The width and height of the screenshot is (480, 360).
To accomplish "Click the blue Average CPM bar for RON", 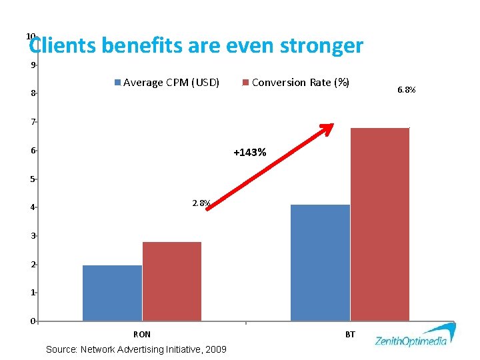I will (112, 293).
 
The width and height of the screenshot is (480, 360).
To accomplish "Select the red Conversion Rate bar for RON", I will (172, 281).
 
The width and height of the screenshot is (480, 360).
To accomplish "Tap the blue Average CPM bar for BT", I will (320, 263).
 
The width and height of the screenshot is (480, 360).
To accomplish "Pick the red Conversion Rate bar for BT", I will (380, 224).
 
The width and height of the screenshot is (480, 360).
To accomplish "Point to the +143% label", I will (250, 153).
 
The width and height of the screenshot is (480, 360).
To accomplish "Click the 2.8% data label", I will (201, 203).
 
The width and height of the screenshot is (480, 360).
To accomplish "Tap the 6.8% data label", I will (406, 89).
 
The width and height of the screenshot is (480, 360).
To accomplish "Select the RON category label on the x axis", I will (142, 335).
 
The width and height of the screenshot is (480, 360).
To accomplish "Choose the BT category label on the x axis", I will (350, 335).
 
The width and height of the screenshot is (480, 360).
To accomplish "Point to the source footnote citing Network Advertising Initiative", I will (136, 349).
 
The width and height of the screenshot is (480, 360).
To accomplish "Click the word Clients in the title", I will (63, 46).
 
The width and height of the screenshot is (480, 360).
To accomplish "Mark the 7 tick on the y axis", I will (32, 122).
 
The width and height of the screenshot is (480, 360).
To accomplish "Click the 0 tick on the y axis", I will (32, 321).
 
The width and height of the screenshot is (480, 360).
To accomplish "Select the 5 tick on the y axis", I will (32, 179).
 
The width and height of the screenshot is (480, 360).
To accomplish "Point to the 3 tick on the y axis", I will (32, 236).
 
